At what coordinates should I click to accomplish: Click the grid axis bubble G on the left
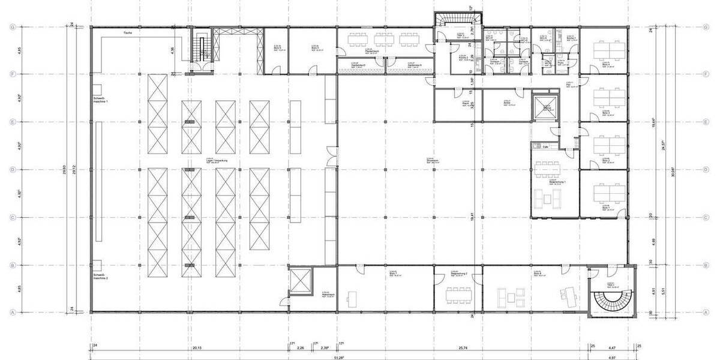(x=11, y=27)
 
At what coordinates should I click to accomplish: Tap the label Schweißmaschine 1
(x=100, y=100)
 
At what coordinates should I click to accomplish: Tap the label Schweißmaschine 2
(x=100, y=277)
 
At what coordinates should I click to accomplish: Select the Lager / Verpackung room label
(x=211, y=161)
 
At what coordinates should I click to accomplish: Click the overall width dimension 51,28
(x=339, y=358)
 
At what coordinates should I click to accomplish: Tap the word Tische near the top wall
(x=127, y=32)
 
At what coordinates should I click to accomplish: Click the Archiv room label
(x=507, y=102)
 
